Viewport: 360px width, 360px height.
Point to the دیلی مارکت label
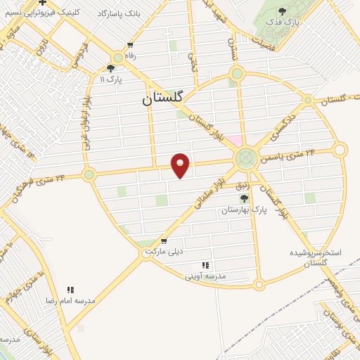(163, 251)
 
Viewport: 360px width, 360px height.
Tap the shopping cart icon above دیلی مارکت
(163, 240)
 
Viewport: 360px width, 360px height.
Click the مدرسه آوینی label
(205, 276)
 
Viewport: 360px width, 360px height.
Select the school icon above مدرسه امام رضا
(70, 290)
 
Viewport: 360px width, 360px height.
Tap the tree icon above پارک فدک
(283, 11)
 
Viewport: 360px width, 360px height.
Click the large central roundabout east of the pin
(246, 157)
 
